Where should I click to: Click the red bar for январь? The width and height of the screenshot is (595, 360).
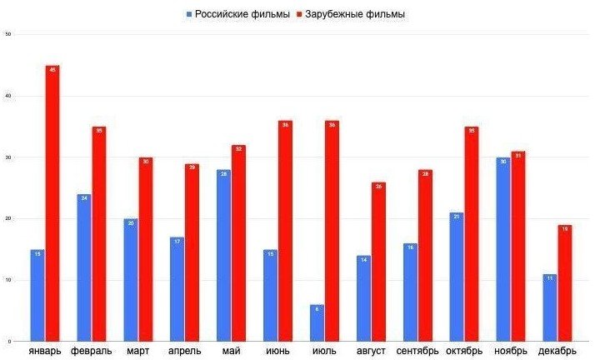[x=52, y=203]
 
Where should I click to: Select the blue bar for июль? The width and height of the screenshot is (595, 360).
[x=317, y=323]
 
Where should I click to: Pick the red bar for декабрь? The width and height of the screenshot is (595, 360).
[x=565, y=283]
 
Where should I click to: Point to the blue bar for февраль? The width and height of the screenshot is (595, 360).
[x=83, y=267]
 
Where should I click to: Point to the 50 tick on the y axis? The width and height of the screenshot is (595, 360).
[x=7, y=34]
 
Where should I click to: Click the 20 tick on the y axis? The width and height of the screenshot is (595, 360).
[x=7, y=218]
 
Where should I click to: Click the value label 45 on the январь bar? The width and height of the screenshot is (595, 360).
[x=52, y=70]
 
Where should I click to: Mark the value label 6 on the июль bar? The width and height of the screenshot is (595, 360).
[x=317, y=309]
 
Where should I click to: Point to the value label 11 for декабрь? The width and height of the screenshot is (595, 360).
[x=550, y=278]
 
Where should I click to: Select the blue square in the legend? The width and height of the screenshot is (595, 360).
[x=189, y=14]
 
